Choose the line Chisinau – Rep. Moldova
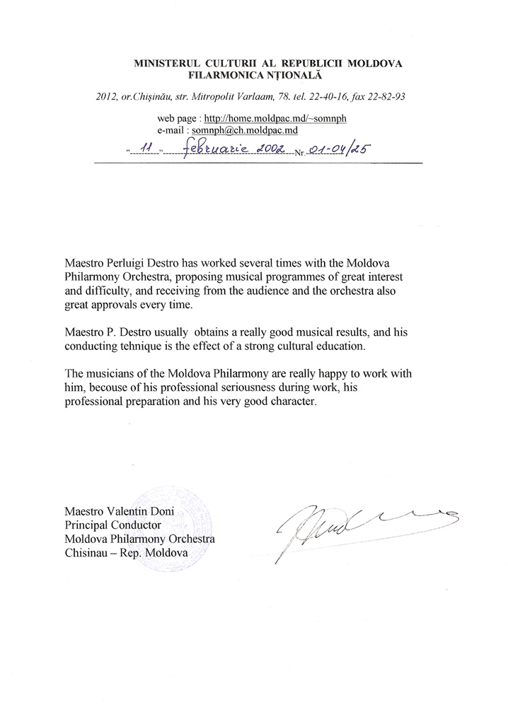point(125,554)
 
